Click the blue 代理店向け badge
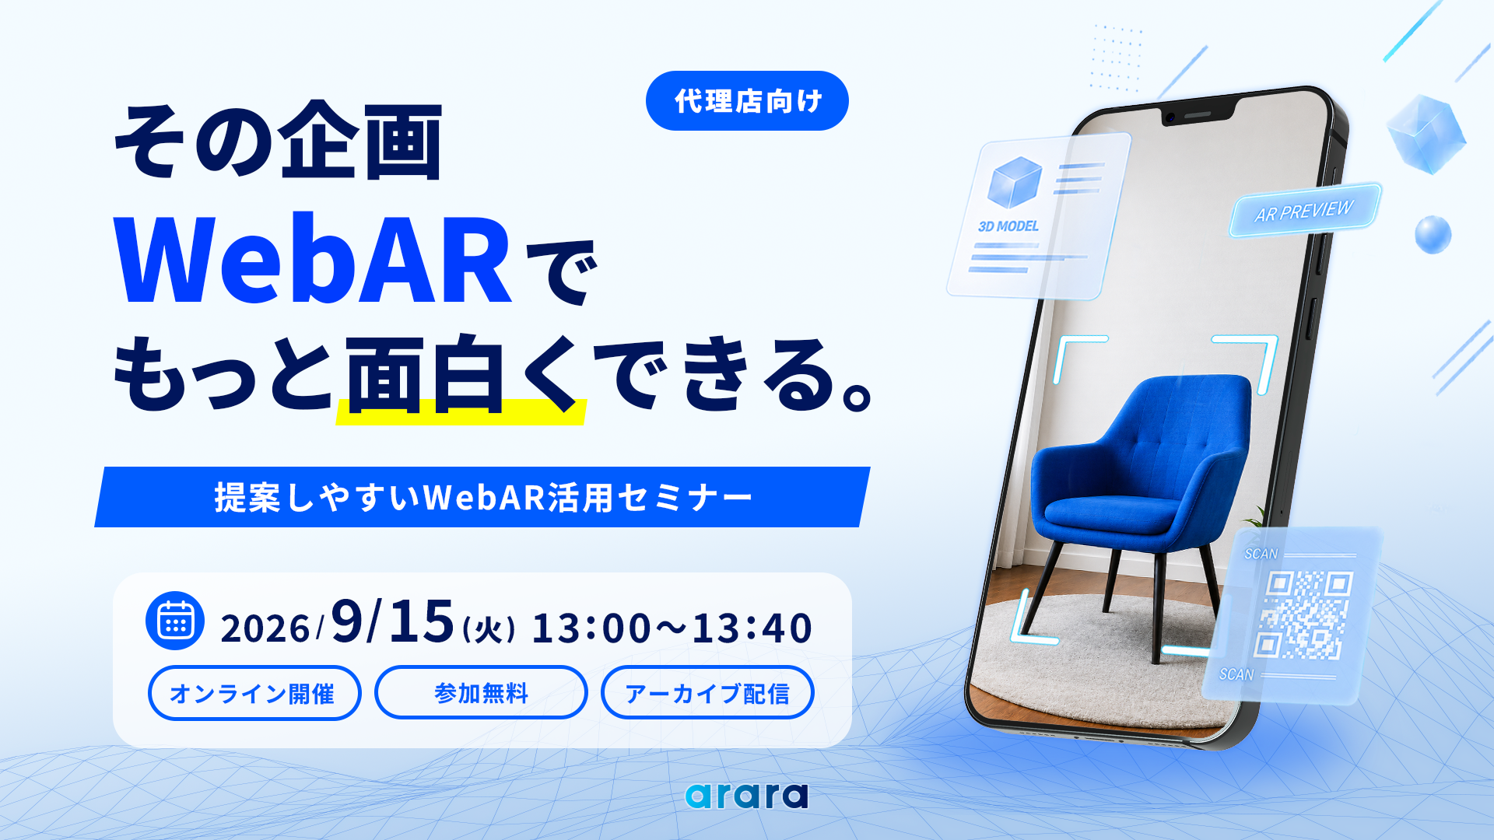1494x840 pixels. click(x=747, y=101)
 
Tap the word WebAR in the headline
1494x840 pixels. click(x=313, y=260)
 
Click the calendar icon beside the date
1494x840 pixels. click(x=175, y=621)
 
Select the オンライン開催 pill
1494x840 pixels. click(x=254, y=693)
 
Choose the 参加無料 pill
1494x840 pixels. click(x=481, y=692)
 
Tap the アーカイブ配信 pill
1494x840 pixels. click(x=707, y=692)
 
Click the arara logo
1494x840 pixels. click(x=747, y=795)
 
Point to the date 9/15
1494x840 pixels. click(x=392, y=621)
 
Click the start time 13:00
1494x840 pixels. click(x=591, y=628)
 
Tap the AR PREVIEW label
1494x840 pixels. click(x=1304, y=211)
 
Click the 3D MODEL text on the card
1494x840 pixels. click(x=1008, y=226)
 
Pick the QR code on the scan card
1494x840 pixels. click(x=1303, y=614)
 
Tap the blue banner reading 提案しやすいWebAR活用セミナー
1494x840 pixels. click(x=482, y=497)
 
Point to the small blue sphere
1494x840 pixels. click(x=1433, y=235)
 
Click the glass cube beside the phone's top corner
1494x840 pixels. click(x=1426, y=134)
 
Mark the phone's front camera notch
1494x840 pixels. click(x=1198, y=116)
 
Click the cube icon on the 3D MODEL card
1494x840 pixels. click(x=1015, y=182)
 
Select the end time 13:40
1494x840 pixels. click(x=752, y=628)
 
